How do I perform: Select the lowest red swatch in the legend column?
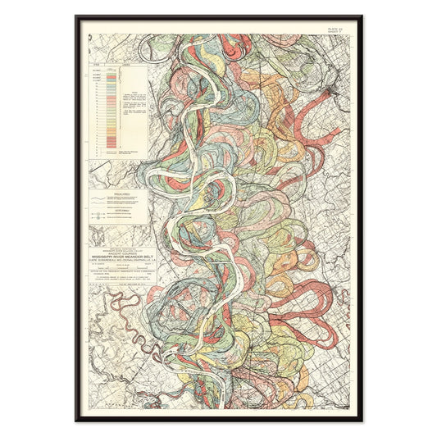tap(112, 148)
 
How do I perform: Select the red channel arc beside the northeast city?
tap(316, 115)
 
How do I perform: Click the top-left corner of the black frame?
tap(76, 16)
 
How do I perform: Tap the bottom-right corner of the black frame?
tap(362, 420)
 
